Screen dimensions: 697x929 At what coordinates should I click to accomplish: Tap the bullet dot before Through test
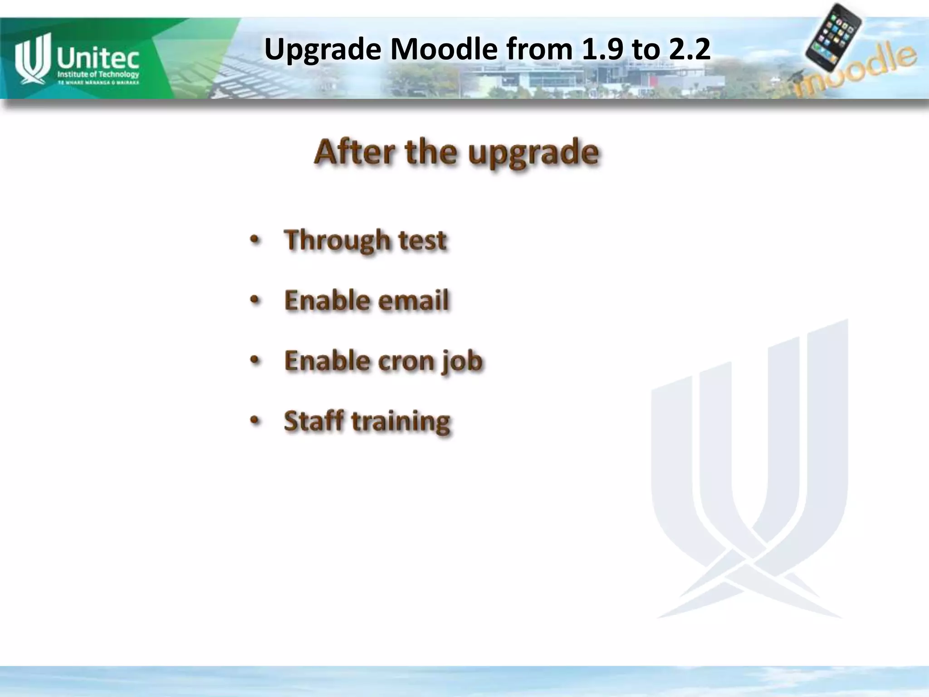(x=255, y=240)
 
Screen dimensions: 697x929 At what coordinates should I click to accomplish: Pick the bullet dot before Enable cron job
(x=255, y=361)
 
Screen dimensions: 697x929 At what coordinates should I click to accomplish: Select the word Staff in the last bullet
(x=313, y=421)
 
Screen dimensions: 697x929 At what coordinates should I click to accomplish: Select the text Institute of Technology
(x=98, y=74)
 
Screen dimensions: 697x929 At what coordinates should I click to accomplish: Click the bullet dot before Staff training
(x=255, y=421)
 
